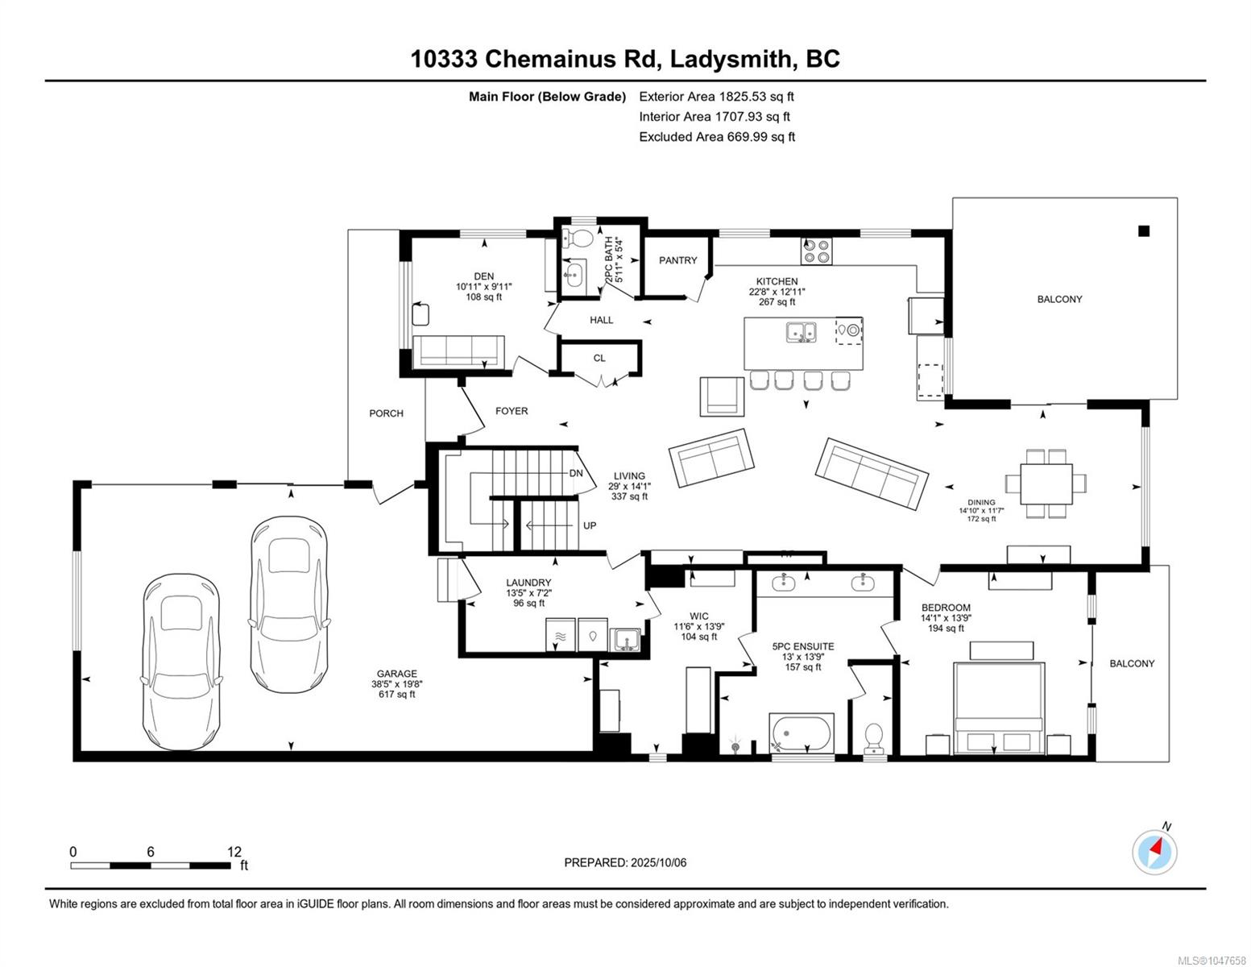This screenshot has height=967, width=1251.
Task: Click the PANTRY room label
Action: (x=677, y=260)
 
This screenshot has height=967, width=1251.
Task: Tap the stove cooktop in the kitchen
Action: (x=816, y=251)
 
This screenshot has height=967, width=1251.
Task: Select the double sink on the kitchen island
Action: (x=801, y=332)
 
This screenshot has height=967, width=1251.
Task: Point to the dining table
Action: (x=1046, y=483)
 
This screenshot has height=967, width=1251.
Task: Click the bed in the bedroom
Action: (x=998, y=708)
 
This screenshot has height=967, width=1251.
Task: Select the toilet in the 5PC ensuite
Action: (x=873, y=739)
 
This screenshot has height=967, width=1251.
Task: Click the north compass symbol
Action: (x=1155, y=852)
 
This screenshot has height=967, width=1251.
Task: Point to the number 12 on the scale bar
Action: (x=234, y=851)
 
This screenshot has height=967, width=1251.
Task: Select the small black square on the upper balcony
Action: (x=1143, y=231)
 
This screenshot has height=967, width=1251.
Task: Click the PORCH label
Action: (x=386, y=413)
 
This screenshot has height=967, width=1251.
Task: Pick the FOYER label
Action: (x=512, y=411)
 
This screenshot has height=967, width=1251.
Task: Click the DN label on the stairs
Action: (x=576, y=473)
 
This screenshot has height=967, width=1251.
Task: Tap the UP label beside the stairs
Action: (x=590, y=525)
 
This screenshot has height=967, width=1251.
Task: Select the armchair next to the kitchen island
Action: (x=722, y=396)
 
